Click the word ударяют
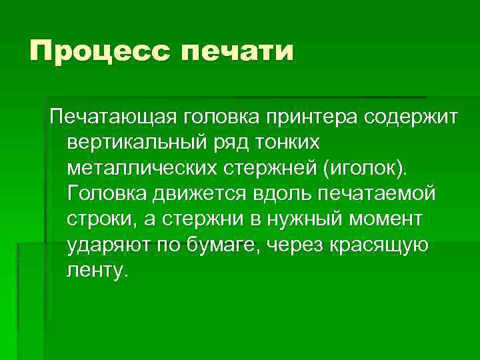[107, 245]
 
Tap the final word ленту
[95, 270]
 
